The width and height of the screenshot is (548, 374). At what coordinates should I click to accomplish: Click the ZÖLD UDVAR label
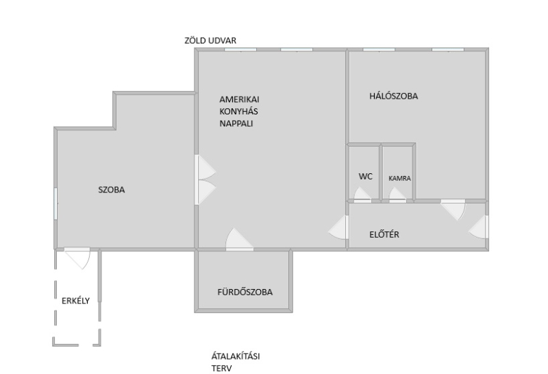pos(210,40)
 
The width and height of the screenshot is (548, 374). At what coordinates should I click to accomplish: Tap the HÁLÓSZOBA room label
pos(393,96)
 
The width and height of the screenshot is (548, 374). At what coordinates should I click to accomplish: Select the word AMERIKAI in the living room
pos(239,99)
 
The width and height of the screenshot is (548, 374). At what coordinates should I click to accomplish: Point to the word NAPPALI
pos(236,123)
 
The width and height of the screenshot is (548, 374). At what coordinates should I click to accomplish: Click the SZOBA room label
pos(112,190)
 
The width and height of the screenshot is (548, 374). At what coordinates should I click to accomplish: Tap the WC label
pos(366,177)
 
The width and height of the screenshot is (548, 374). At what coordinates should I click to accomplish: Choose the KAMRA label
pos(400,178)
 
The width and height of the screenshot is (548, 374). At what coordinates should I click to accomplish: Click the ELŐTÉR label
pos(384,234)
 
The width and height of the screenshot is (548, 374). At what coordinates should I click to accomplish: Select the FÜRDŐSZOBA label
pos(245,292)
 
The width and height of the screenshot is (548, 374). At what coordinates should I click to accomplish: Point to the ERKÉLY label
pos(75,301)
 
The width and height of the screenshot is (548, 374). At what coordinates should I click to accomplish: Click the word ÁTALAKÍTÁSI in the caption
pos(236,356)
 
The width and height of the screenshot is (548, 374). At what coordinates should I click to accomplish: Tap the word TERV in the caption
pos(221,368)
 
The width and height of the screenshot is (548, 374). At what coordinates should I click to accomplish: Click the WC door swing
pos(362,195)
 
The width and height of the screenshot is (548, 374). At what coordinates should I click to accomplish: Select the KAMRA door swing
pos(398,195)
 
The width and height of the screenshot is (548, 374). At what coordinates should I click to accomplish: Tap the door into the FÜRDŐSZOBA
pos(239,240)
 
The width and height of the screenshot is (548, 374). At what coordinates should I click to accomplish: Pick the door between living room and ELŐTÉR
pos(338,227)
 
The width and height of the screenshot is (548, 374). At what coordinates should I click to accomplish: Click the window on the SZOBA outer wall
pos(55,203)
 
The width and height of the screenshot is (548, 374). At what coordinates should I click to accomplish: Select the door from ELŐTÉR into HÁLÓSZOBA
pos(453,210)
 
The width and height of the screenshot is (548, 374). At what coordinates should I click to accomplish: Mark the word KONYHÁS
pos(238,112)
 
